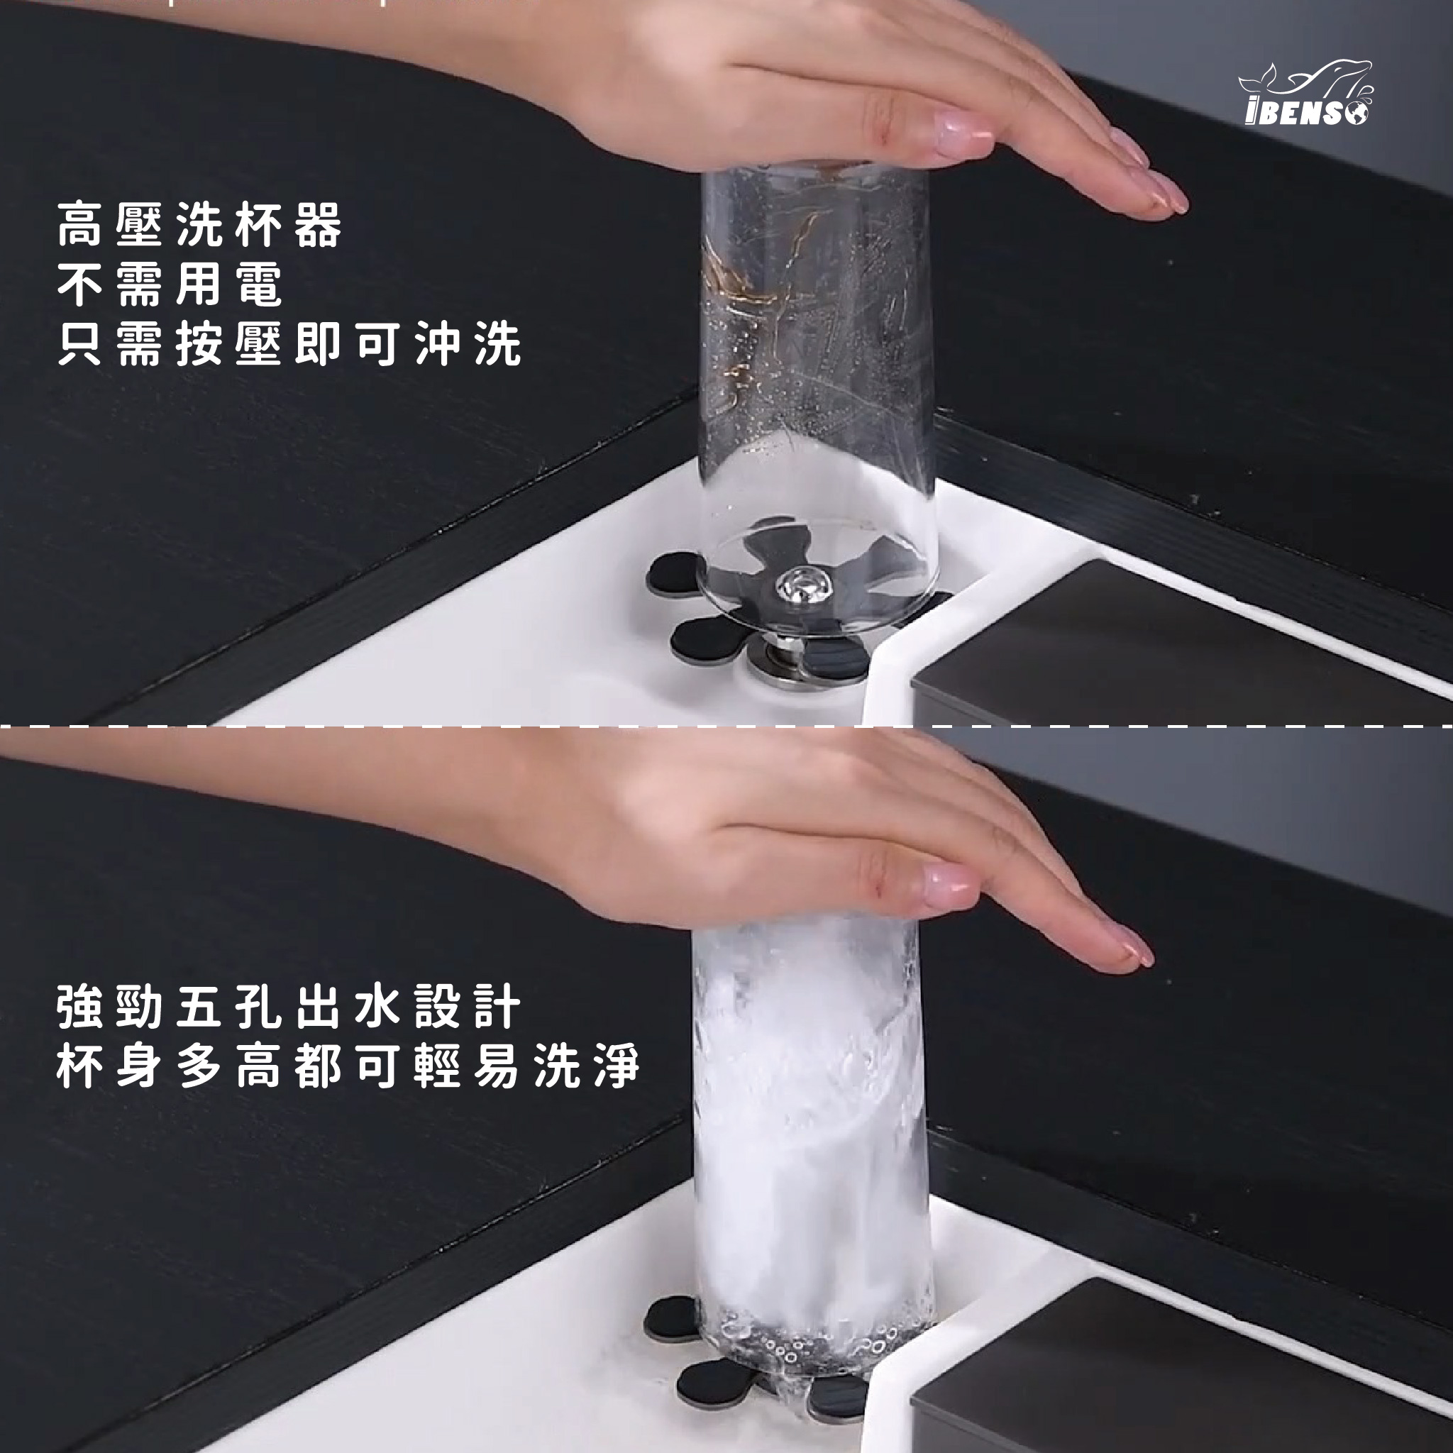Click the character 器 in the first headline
click(x=319, y=224)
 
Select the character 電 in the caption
click(x=260, y=284)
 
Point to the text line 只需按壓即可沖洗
click(x=289, y=344)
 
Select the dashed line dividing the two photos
click(x=726, y=726)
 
